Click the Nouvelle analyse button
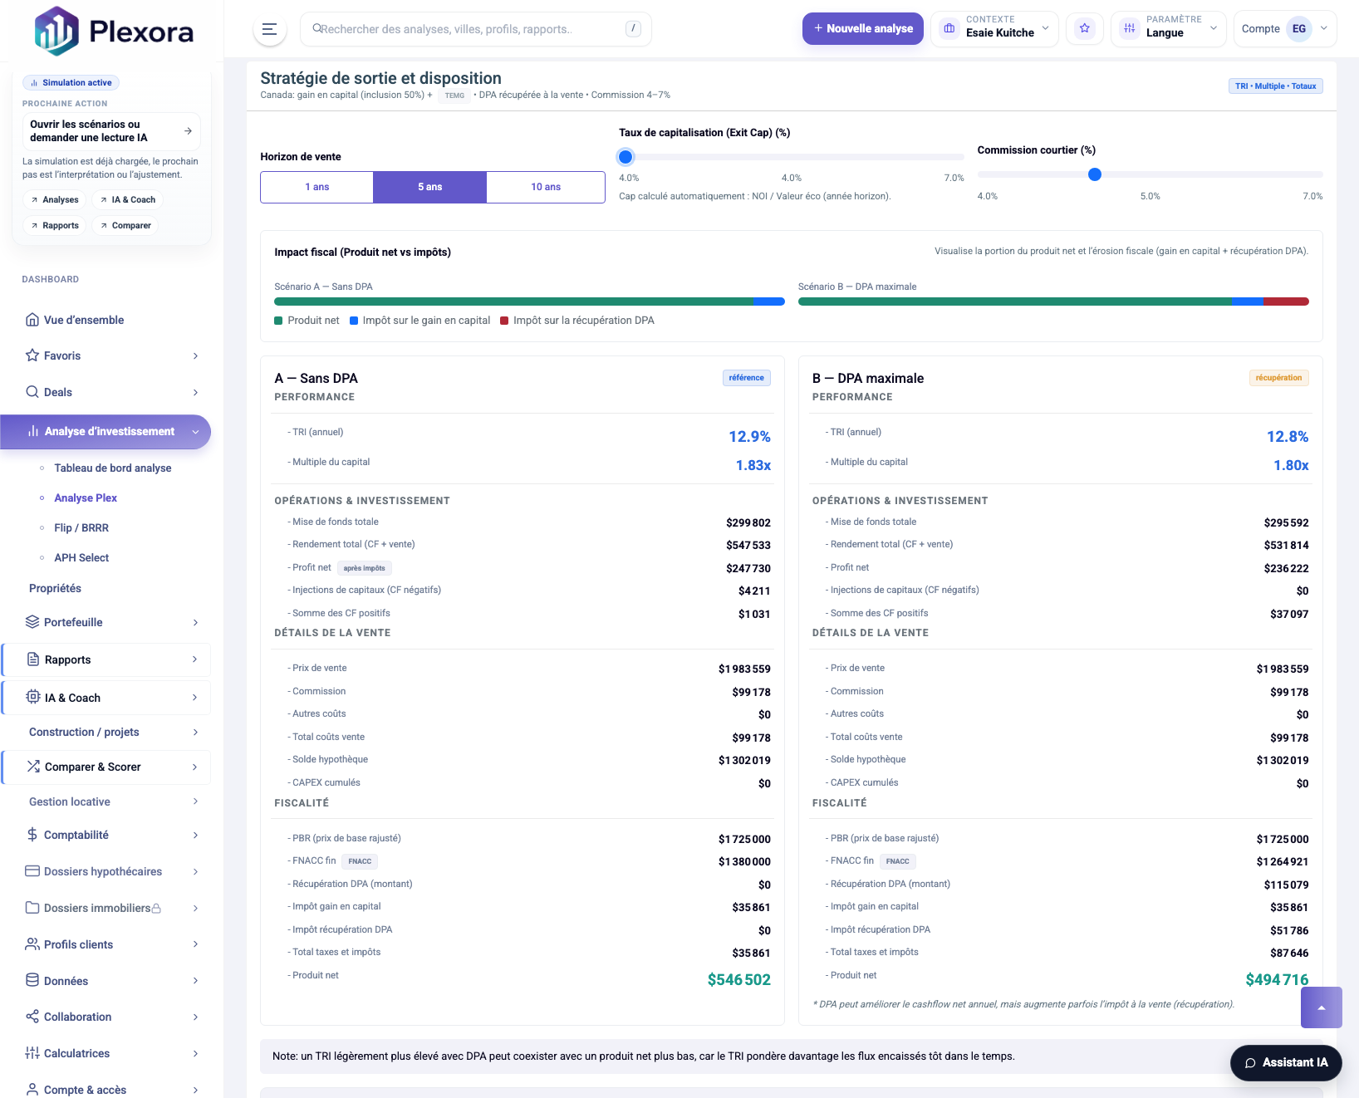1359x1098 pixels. [862, 29]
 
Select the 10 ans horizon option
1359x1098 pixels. [546, 187]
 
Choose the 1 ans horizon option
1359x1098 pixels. [316, 187]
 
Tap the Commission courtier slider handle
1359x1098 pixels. [1095, 174]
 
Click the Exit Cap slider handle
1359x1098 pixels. [626, 157]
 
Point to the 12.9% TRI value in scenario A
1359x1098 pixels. [749, 437]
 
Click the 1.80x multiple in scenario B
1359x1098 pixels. [1291, 465]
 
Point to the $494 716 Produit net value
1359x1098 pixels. [1277, 980]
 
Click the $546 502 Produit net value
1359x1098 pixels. [738, 980]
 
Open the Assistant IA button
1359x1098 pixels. [1286, 1062]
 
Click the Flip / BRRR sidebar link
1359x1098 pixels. [81, 528]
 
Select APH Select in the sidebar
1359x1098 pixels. [81, 558]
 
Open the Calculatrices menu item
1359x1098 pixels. [77, 1053]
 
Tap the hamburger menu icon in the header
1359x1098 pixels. [269, 29]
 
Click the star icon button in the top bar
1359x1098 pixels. [1084, 29]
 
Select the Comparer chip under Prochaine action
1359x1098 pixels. [125, 226]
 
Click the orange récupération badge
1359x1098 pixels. [1278, 378]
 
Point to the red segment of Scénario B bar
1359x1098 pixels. [1286, 301]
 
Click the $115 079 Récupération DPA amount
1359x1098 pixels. [1286, 885]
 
